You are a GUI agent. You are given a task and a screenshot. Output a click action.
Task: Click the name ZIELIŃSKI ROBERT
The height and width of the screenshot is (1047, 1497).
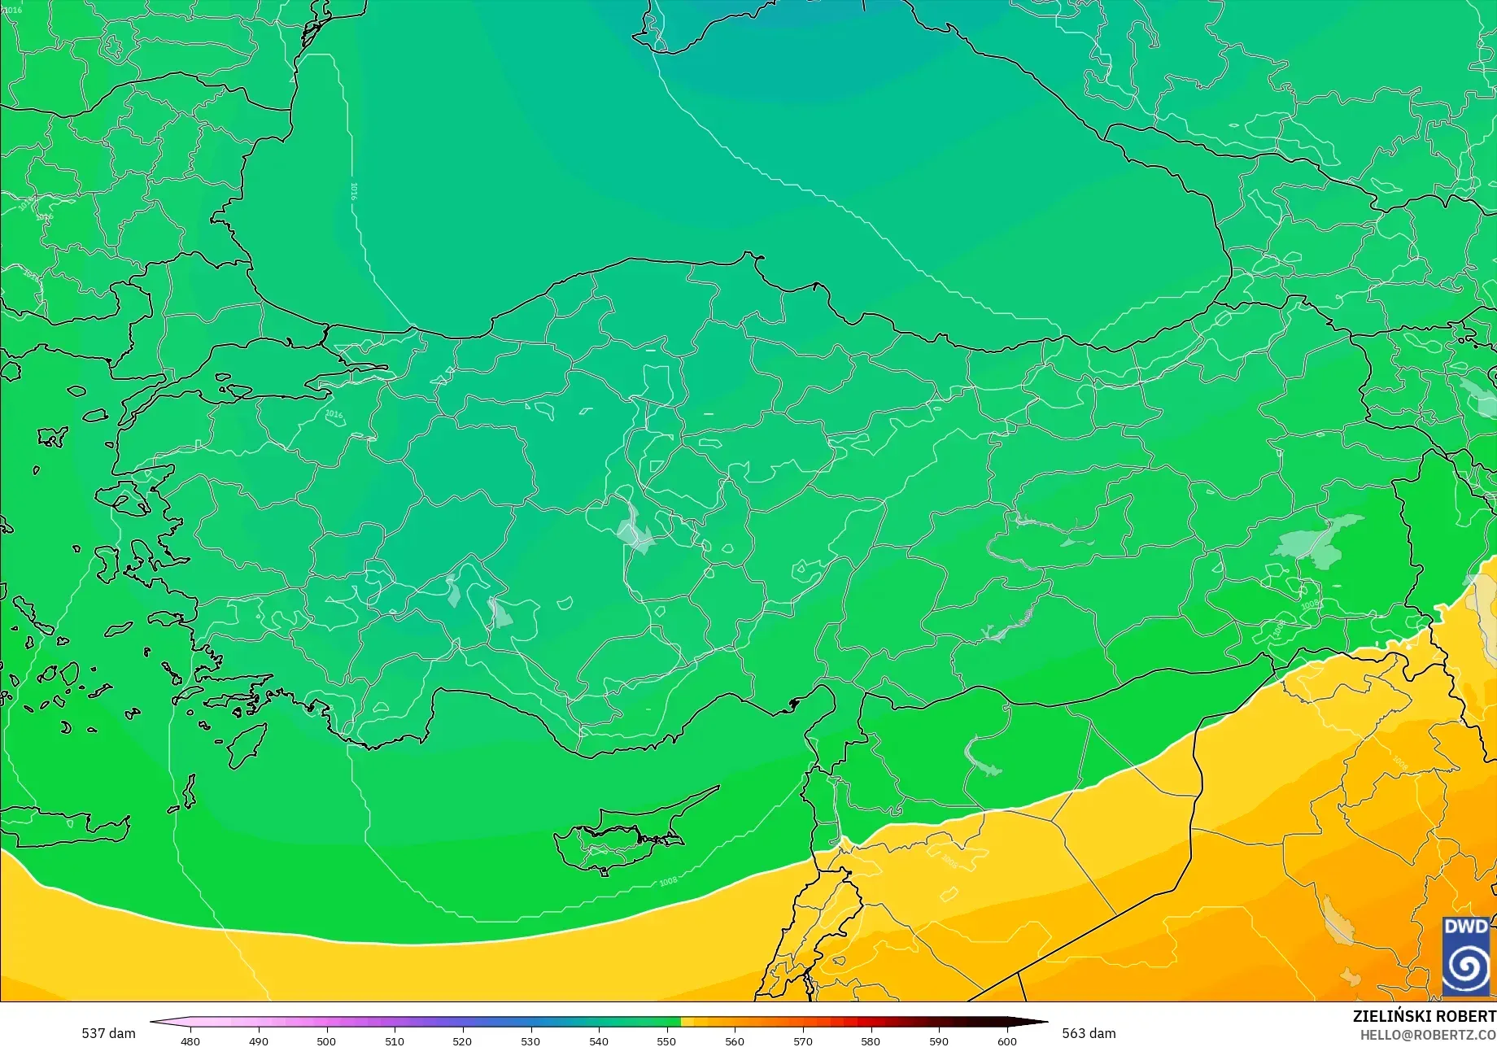pos(1424,1016)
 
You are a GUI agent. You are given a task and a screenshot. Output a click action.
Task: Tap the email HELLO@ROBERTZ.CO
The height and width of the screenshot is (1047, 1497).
pos(1428,1034)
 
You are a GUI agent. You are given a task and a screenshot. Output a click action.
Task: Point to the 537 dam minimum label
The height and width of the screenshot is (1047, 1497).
pos(108,1033)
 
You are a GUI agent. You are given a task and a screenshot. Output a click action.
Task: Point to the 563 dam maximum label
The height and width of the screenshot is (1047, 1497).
pos(1089,1033)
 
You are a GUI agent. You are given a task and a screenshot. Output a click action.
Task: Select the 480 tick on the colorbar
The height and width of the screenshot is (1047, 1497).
pos(190,1041)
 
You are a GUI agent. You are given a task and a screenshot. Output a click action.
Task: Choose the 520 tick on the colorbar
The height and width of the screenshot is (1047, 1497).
pos(462,1041)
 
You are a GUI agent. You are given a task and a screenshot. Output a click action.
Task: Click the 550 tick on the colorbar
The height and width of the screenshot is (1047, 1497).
pos(666,1041)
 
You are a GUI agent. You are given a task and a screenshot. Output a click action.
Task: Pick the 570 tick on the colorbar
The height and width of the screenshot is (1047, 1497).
pos(803,1041)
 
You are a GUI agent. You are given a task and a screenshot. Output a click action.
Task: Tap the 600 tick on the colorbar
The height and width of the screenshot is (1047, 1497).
pos(1007,1041)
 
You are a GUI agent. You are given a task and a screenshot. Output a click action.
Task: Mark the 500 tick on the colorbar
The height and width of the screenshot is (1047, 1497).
pos(326,1041)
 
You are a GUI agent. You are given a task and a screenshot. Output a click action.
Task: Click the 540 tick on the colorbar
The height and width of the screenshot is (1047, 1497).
pos(599,1041)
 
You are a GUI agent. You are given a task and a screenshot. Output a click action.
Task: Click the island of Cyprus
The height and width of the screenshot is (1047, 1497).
pos(618,838)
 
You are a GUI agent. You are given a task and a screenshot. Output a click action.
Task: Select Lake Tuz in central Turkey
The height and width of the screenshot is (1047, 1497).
pos(634,532)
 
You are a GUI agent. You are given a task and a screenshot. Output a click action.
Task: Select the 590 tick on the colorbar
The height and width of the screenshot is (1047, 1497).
pos(939,1041)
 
